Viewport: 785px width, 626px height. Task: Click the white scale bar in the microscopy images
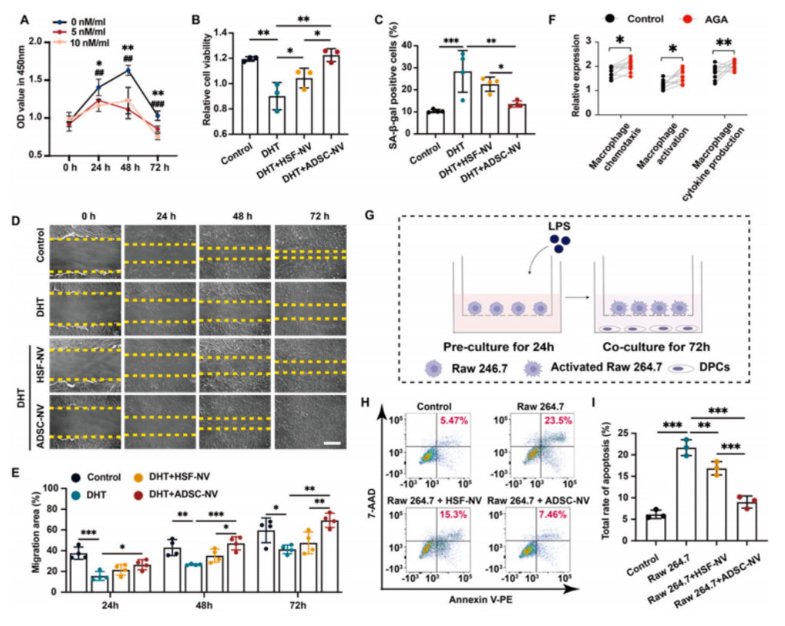[x=333, y=444]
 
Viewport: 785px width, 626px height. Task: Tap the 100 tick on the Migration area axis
[x=50, y=488]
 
